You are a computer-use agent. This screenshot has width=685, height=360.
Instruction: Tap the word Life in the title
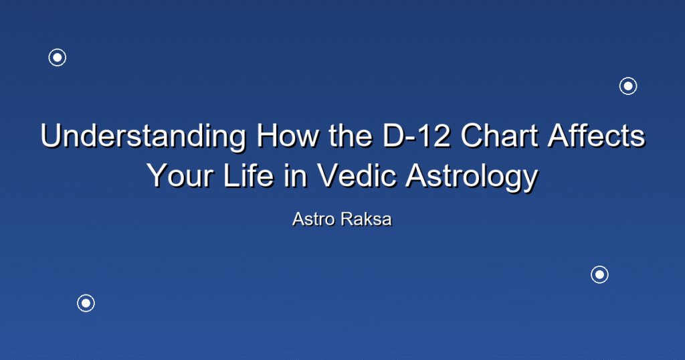pos(248,175)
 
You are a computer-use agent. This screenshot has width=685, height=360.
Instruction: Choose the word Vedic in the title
pos(357,175)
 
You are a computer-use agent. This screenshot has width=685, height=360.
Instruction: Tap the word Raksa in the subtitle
pos(367,219)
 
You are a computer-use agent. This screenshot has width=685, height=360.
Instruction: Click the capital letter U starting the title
pos(51,136)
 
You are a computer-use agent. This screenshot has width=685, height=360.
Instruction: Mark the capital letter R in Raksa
pos(347,219)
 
